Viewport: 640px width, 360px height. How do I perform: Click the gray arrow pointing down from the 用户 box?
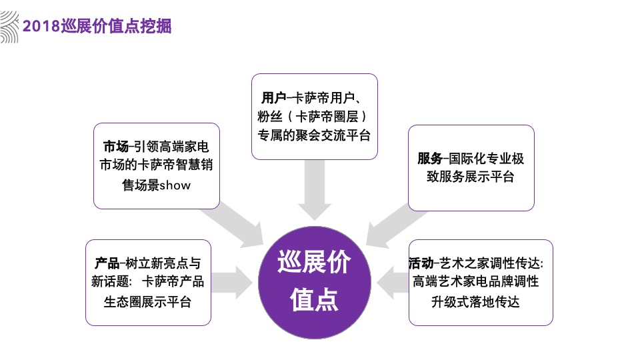pos(314,190)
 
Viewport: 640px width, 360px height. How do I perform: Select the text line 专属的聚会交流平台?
pos(314,135)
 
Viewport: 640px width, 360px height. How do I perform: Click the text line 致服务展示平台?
pos(471,177)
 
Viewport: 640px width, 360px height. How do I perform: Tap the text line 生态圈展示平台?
pos(147,301)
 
